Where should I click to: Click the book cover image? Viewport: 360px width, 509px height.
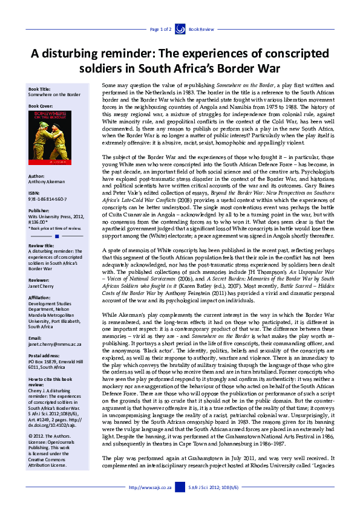click(48, 139)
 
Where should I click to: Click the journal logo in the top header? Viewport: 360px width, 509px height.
click(180, 28)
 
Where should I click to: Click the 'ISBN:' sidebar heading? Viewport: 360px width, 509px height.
click(34, 193)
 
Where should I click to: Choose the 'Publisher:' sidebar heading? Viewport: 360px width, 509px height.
click(39, 211)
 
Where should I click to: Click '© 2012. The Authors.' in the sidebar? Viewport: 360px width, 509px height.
click(50, 433)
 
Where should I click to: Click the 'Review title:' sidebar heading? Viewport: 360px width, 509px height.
click(41, 245)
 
